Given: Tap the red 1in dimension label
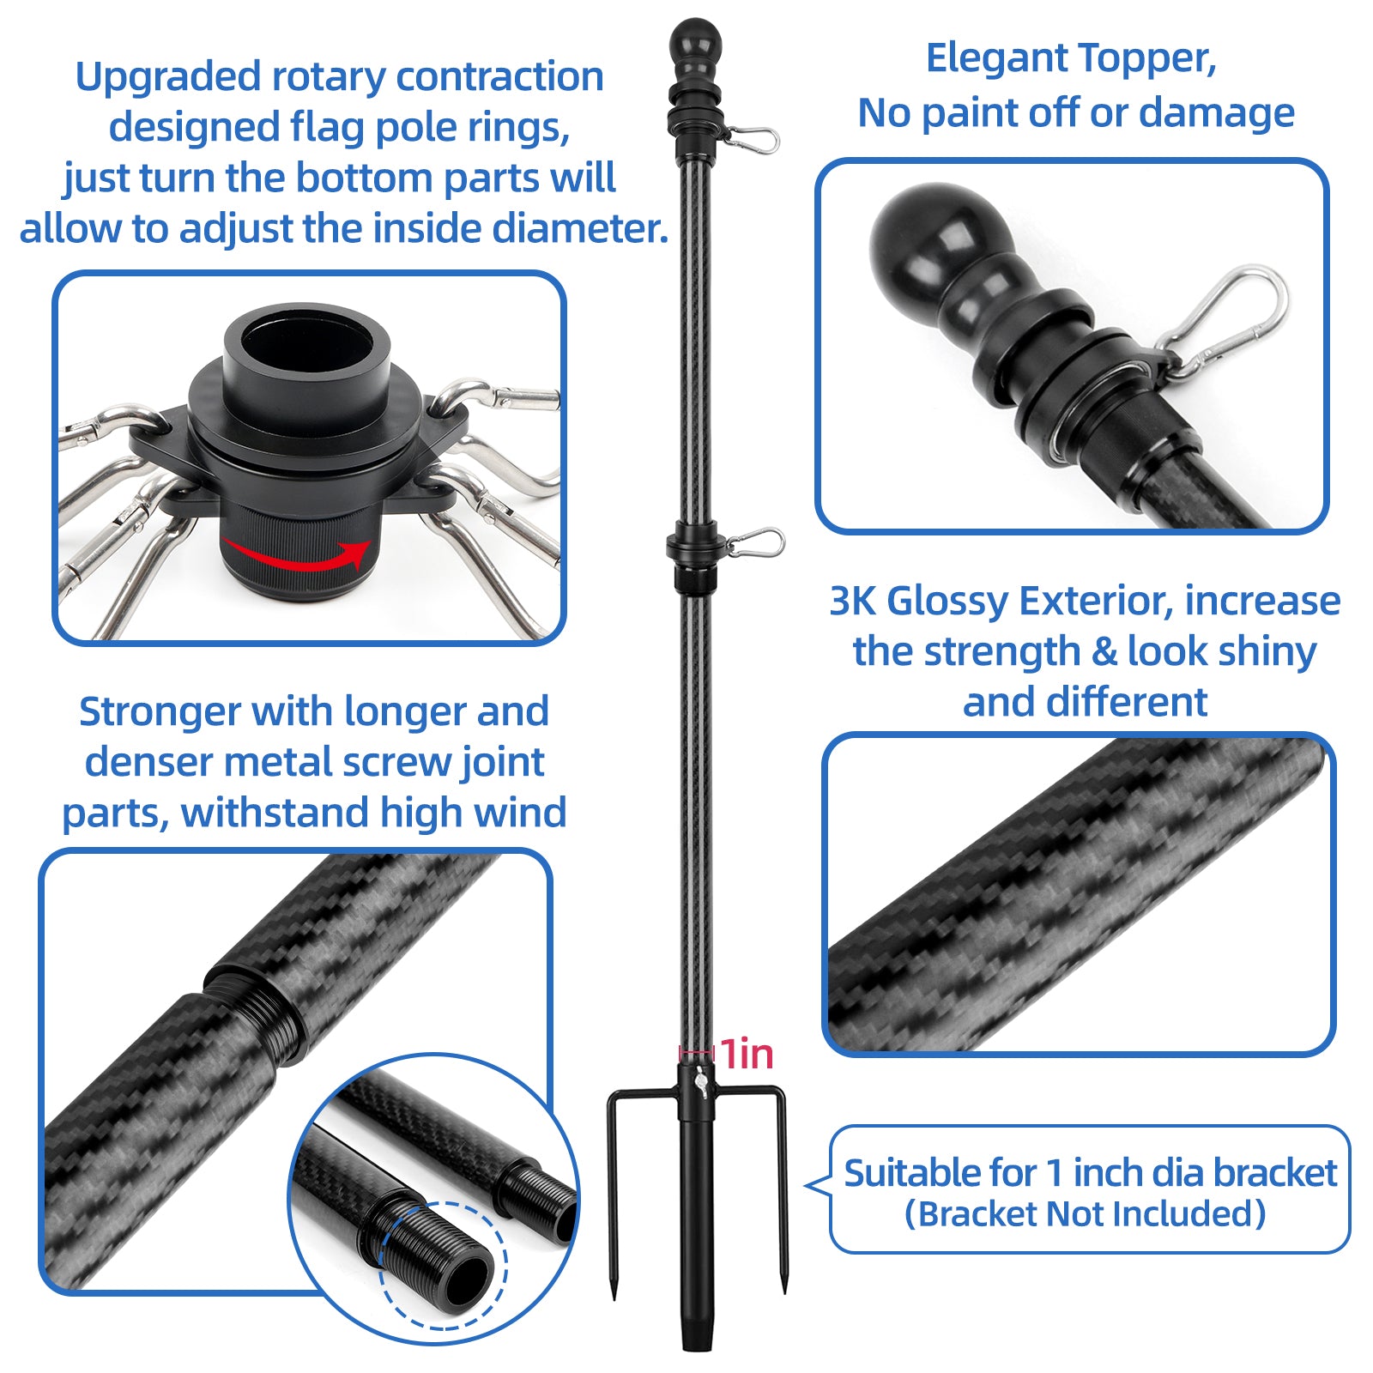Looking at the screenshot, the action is pos(746,1054).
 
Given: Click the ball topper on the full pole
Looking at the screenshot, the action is pos(695,40).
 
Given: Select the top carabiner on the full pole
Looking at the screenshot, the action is pos(752,137).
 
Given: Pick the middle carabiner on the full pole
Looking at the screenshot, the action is pos(755,542).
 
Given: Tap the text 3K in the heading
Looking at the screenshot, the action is pos(853,601).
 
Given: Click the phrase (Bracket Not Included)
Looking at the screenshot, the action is pos(1086,1213).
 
